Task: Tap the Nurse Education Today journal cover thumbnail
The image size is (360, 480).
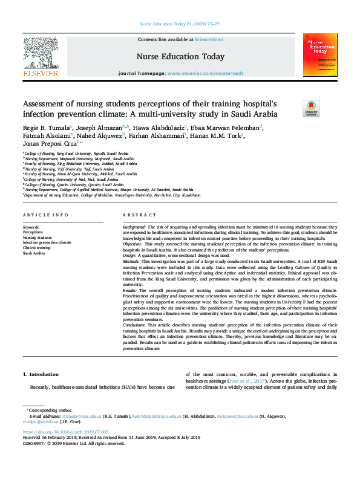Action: pyautogui.click(x=319, y=55)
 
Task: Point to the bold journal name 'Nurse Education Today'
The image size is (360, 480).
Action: pyautogui.click(x=180, y=56)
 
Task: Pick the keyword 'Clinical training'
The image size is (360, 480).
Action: pyautogui.click(x=36, y=247)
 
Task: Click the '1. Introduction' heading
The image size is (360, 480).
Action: pyautogui.click(x=41, y=375)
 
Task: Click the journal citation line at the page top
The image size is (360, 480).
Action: pyautogui.click(x=179, y=24)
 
